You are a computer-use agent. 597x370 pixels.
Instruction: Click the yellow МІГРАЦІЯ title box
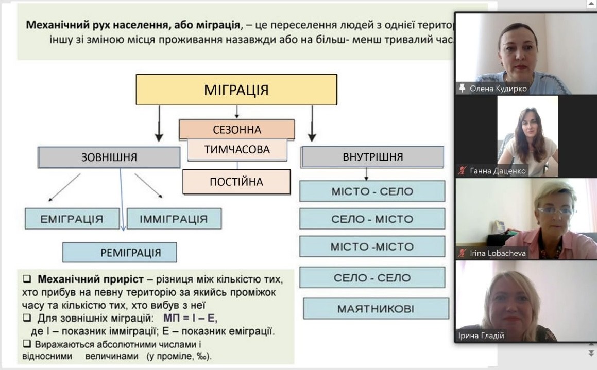tap(236, 90)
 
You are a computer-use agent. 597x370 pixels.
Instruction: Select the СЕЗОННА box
tap(237, 130)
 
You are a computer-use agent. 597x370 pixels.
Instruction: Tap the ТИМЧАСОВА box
tap(237, 150)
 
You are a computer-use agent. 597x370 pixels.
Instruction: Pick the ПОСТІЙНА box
tap(236, 182)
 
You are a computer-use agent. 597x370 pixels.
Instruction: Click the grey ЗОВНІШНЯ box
tap(109, 157)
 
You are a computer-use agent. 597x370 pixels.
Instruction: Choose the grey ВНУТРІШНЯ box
tap(372, 157)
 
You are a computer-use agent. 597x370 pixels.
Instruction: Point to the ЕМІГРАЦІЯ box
tap(72, 219)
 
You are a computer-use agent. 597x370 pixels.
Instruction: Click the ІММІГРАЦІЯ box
tap(174, 219)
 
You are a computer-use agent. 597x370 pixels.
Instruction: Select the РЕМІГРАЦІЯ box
tap(120, 252)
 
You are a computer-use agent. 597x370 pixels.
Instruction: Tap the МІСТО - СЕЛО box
tap(372, 191)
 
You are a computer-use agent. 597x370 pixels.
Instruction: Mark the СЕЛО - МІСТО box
tap(372, 219)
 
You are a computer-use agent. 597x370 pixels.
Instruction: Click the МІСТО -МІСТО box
tap(372, 246)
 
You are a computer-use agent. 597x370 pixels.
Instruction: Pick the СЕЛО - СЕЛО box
tap(372, 278)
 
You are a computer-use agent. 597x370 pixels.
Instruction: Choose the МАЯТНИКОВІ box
tap(376, 309)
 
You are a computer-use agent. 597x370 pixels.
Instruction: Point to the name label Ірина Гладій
tap(481, 336)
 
